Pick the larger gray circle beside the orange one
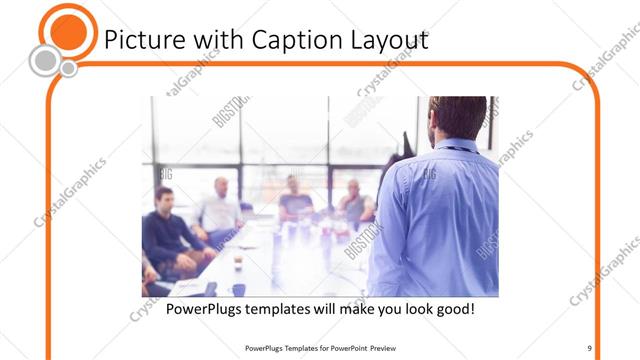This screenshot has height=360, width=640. coord(44,61)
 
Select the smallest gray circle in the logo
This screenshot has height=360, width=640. coord(69,68)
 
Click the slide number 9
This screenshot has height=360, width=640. coord(590,347)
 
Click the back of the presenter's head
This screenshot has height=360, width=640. coord(457,115)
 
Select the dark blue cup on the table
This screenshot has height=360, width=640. coord(239,289)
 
